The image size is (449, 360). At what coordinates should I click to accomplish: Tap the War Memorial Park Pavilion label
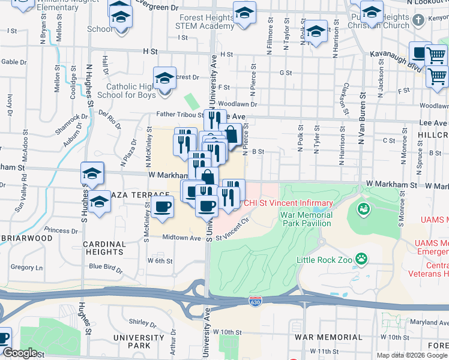(x=306, y=219)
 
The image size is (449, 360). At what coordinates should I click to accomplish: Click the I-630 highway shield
(x=255, y=298)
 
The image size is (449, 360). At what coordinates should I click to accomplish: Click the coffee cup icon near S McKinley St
(x=161, y=208)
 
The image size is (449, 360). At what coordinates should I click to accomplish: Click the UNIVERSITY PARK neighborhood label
(x=140, y=342)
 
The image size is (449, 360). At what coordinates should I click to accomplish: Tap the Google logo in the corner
(x=20, y=353)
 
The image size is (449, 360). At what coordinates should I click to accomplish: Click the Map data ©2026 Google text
(x=411, y=355)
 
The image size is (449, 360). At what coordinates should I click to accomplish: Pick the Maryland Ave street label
(x=426, y=323)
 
